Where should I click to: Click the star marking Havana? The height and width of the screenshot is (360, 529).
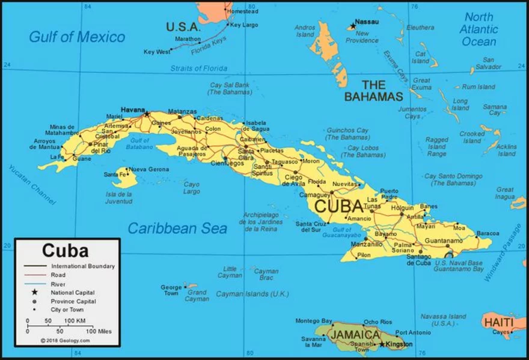146,113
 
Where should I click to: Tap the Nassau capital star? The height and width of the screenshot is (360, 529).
353,26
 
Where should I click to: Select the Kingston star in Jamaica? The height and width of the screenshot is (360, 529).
381,344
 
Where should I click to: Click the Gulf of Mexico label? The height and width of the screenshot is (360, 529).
77,37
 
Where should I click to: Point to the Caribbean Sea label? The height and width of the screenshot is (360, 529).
177,228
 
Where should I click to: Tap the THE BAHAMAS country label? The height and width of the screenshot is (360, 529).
373,91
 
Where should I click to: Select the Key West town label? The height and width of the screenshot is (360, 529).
157,52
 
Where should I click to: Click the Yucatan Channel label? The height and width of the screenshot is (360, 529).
32,183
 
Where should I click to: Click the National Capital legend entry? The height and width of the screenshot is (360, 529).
73,293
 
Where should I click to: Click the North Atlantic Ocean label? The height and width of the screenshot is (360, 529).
479,29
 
